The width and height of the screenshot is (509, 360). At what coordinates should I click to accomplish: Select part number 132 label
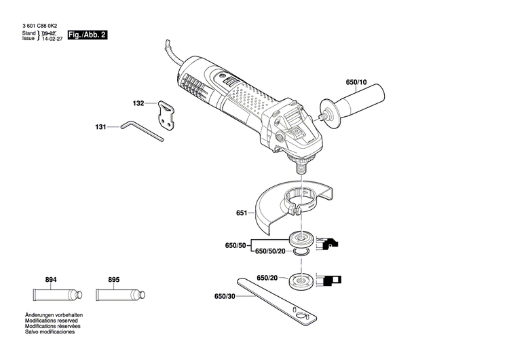pyautogui.click(x=138, y=104)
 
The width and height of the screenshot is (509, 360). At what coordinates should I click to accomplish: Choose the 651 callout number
pyautogui.click(x=242, y=213)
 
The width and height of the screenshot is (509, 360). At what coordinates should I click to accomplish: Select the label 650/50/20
pyautogui.click(x=269, y=251)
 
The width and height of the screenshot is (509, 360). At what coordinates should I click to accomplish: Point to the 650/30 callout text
pyautogui.click(x=225, y=297)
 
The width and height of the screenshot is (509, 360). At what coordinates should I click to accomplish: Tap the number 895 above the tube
pyautogui.click(x=113, y=280)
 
